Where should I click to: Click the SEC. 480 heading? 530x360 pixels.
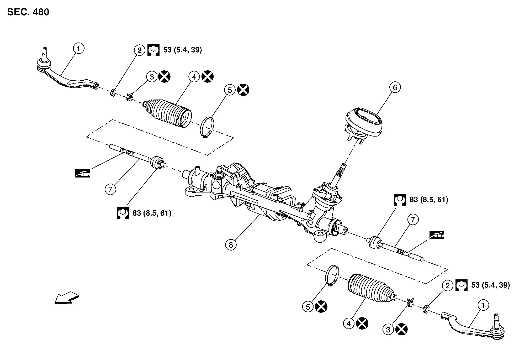[x=28, y=12]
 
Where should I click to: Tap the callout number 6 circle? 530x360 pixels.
[x=395, y=87]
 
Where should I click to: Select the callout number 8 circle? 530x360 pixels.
[x=231, y=245]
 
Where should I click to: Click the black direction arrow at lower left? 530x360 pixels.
[x=66, y=298]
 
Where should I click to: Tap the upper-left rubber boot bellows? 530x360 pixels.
[x=168, y=114]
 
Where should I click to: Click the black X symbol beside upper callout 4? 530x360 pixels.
[x=208, y=77]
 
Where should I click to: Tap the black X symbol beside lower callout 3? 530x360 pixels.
[x=401, y=329]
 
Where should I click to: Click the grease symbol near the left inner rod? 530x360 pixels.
[x=83, y=173]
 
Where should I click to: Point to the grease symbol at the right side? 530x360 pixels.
[x=437, y=235]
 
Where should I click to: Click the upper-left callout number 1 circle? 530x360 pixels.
[x=78, y=48]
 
